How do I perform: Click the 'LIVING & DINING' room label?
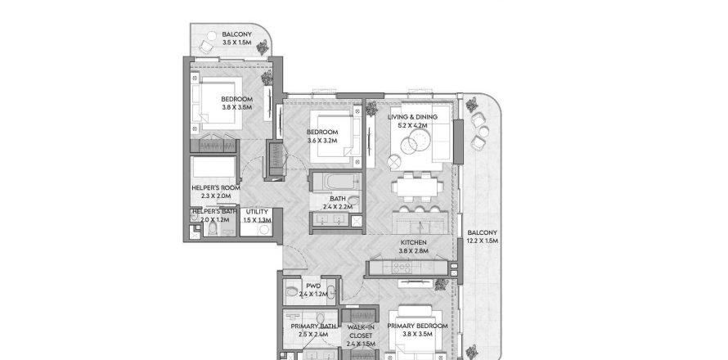coord(412,118)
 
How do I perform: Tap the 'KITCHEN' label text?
coord(412,242)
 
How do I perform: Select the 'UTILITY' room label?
coord(257,212)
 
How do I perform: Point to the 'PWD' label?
coord(312,286)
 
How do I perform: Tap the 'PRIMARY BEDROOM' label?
coord(417,326)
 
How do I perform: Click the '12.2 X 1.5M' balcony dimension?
coord(481,242)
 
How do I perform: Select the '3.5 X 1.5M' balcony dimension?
coord(237,43)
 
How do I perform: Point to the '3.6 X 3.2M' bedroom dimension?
coord(322,141)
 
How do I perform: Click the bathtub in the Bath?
coord(334,181)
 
